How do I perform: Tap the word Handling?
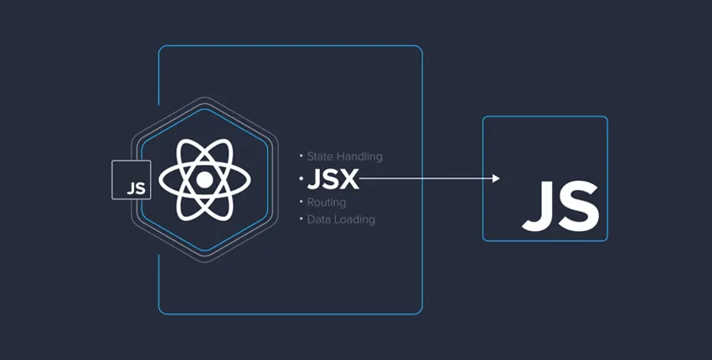[x=359, y=157]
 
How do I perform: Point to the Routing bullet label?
[x=327, y=203]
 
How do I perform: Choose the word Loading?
[x=355, y=219]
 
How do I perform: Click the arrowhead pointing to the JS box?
[x=496, y=178]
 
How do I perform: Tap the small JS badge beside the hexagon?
[x=132, y=181]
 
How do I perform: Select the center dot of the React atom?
[x=204, y=179]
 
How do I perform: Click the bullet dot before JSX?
[x=301, y=178]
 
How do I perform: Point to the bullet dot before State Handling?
[x=301, y=157]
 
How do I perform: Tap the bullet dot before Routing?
[x=301, y=203]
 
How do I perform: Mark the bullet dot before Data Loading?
[x=301, y=219]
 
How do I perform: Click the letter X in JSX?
[x=349, y=179]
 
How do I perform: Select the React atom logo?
[x=204, y=179]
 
